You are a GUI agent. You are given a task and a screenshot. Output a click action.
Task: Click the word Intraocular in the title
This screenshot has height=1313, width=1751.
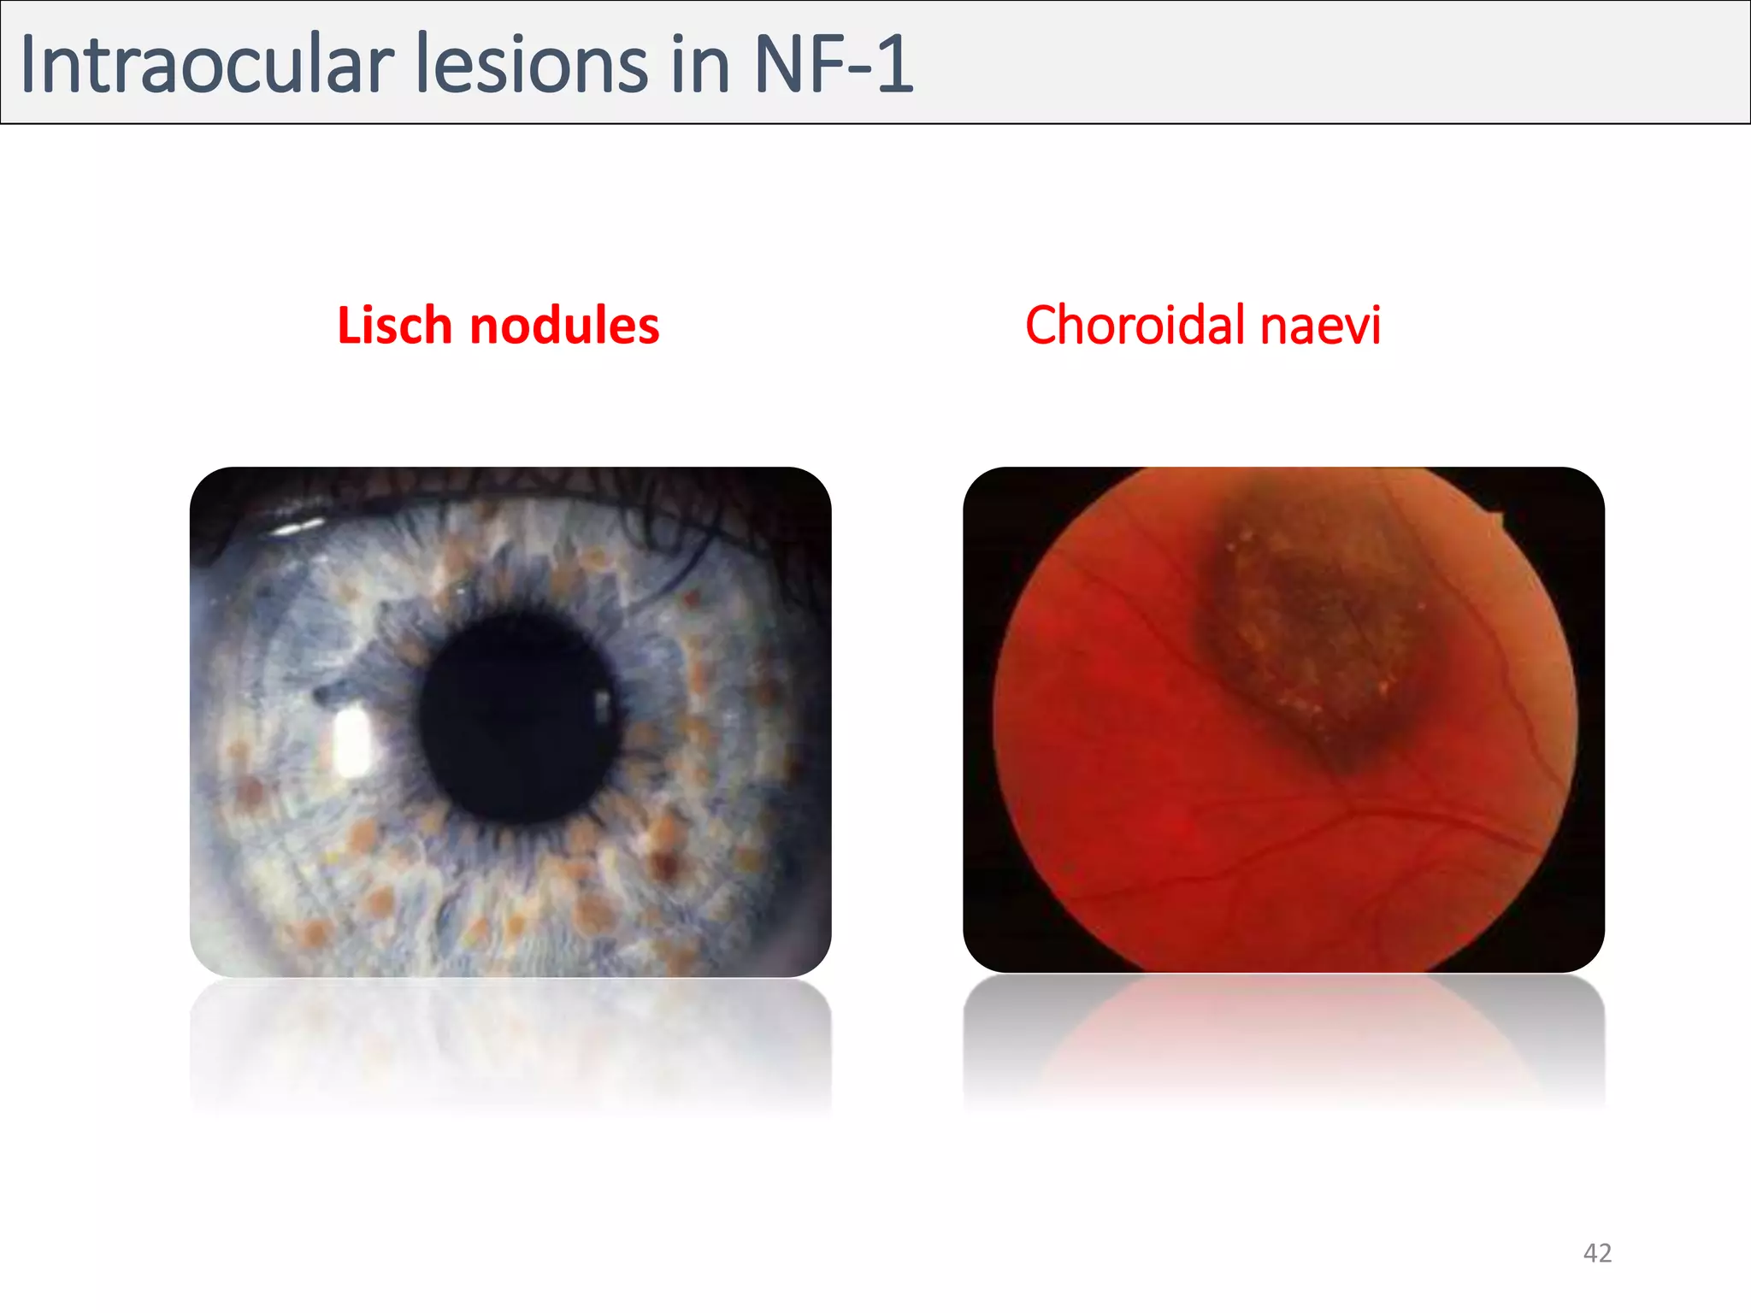206,65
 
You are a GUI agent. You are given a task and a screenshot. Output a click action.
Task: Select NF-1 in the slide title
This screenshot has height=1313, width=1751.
834,65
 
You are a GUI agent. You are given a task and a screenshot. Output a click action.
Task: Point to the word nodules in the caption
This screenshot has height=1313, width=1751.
564,326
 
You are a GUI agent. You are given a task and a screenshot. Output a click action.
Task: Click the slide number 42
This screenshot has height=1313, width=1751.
1597,1252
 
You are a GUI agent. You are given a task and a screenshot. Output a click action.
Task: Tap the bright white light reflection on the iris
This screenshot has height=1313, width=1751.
353,742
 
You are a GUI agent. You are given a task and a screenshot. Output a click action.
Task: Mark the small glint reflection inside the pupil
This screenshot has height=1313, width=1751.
603,706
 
